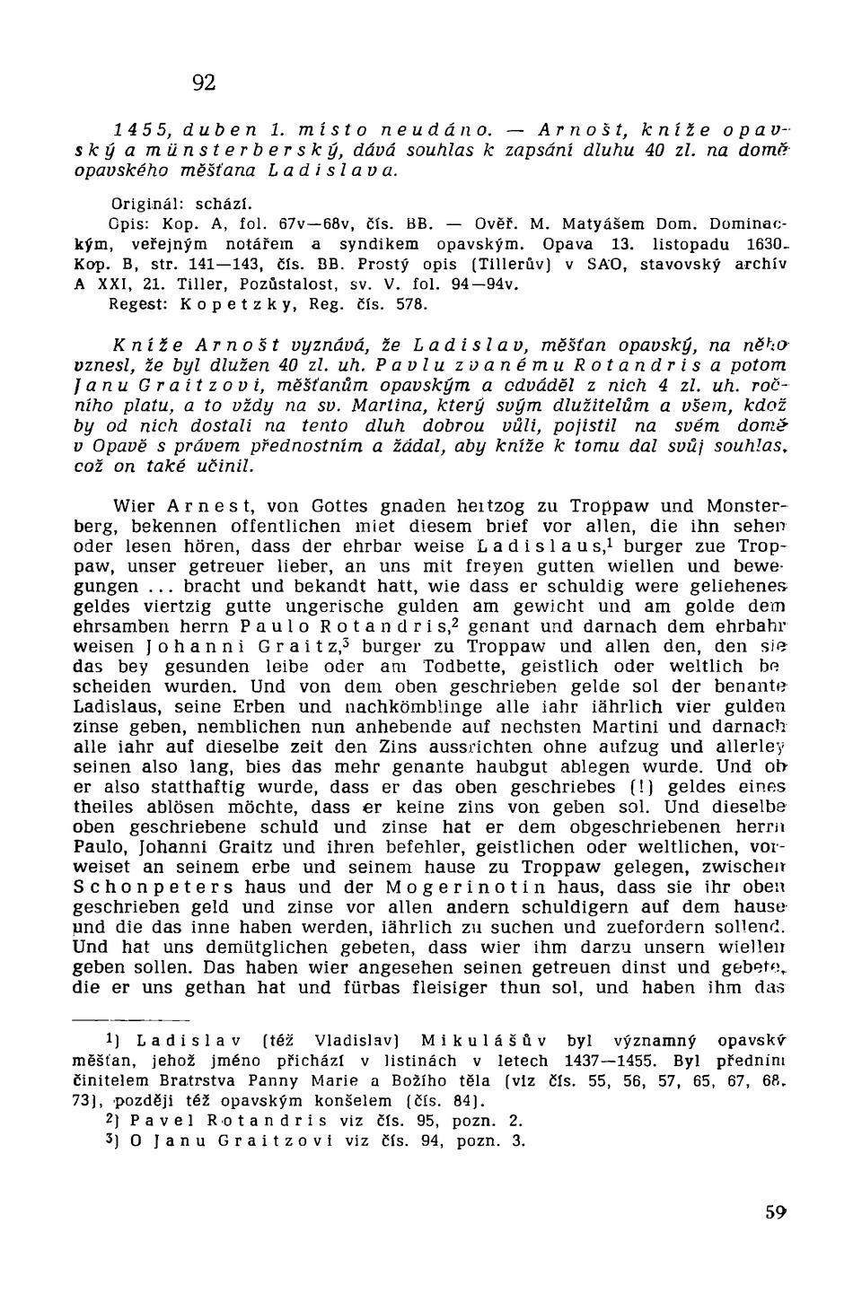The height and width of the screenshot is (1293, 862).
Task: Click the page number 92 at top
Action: pyautogui.click(x=204, y=83)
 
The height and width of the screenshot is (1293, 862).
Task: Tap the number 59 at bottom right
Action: pyautogui.click(x=776, y=1211)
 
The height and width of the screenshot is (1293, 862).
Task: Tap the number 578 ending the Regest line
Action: pyautogui.click(x=404, y=304)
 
